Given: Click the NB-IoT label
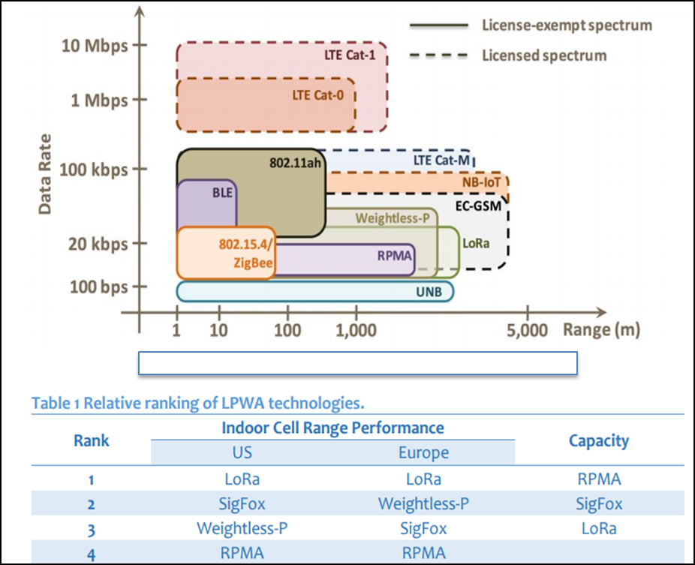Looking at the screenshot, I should [481, 182].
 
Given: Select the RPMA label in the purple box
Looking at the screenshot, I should [394, 254].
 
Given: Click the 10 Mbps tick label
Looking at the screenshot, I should [93, 44].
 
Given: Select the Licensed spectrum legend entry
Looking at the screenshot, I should [543, 55].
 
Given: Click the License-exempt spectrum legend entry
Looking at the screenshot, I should [566, 25].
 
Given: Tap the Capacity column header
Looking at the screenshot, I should [598, 440].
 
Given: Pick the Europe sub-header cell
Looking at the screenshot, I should [423, 452].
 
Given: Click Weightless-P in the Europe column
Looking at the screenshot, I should [423, 503].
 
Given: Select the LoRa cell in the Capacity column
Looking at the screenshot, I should [598, 527].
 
